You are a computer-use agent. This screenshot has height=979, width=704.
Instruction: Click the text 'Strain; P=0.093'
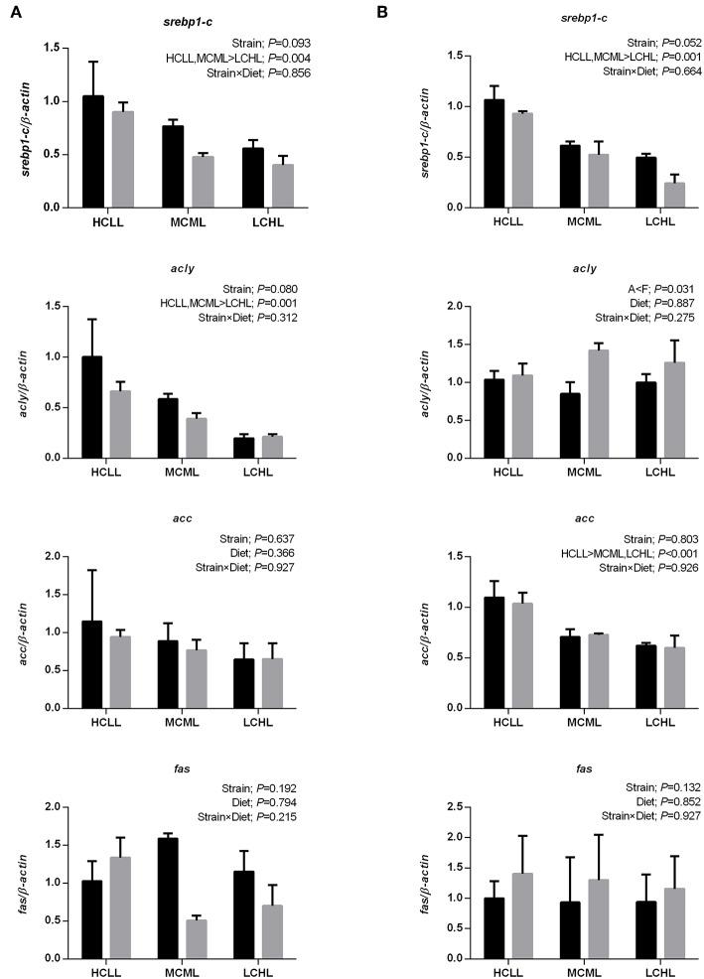pos(288,45)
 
